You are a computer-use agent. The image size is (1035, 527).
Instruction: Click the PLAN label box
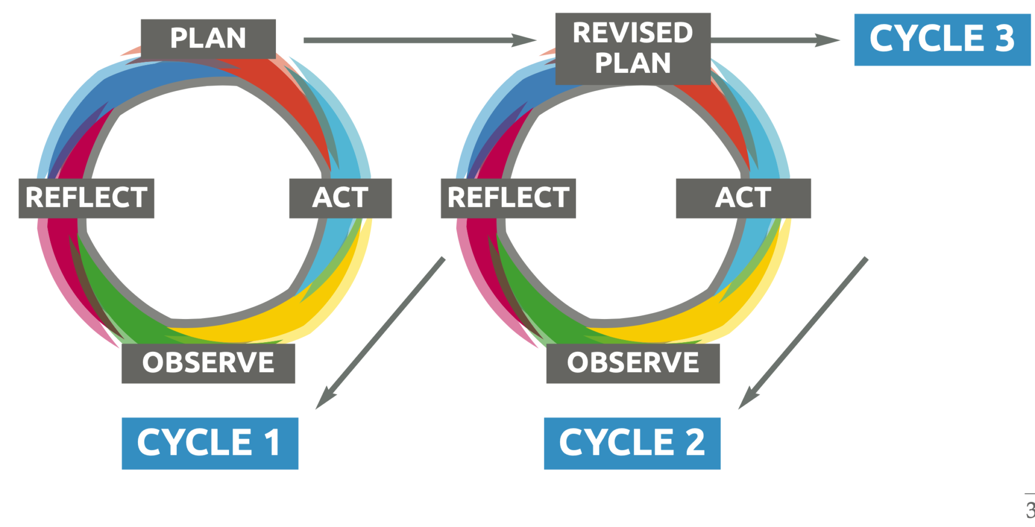[x=208, y=39]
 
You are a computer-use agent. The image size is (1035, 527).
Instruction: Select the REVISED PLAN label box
[x=633, y=48]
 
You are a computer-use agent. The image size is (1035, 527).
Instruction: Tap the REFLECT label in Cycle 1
[x=86, y=198]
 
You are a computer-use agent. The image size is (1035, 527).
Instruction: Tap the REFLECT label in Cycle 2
[x=508, y=198]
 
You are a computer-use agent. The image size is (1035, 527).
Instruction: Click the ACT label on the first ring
[x=340, y=198]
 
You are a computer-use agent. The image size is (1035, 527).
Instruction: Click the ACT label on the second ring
[x=743, y=198]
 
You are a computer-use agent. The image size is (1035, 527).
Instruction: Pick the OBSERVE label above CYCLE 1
[x=208, y=363]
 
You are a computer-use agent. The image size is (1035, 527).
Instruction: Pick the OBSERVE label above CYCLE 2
[x=633, y=363]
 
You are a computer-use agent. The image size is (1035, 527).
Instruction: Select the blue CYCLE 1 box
[x=210, y=443]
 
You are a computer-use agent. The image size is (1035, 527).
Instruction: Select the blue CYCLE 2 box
[x=632, y=443]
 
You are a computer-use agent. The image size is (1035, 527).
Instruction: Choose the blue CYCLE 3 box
[x=942, y=39]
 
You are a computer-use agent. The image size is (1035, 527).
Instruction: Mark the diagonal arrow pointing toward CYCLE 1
[x=380, y=333]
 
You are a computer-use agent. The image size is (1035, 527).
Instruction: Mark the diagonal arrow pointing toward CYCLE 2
[x=803, y=333]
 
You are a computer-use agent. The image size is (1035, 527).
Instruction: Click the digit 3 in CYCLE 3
[x=1004, y=39]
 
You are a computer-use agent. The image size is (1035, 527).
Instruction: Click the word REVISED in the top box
[x=633, y=33]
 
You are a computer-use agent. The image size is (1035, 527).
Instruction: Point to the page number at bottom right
[x=1030, y=510]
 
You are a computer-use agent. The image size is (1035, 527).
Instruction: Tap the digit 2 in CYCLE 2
[x=695, y=443]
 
